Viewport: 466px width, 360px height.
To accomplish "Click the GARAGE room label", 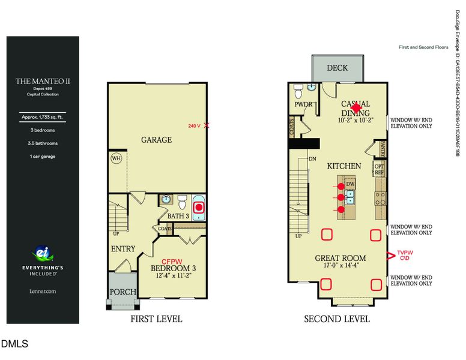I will coord(156,140).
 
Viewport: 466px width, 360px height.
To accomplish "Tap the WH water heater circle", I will coord(116,159).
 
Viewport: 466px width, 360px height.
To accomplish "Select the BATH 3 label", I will coord(178,215).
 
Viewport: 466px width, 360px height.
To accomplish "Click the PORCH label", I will coord(122,292).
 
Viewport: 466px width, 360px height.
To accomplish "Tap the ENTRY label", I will coord(123,248).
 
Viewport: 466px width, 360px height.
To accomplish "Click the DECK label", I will coord(337,68).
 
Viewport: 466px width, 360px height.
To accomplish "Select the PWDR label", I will coord(303,103).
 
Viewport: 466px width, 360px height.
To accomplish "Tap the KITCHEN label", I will coord(343,166).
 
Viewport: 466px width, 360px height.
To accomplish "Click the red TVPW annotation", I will coord(405,253).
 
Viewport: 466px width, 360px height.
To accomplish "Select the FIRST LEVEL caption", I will coord(156,319).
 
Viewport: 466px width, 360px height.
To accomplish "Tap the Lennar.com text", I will coord(42,291).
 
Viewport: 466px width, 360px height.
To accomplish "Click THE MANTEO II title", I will coord(43,80).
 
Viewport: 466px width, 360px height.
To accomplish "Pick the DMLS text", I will coord(14,344).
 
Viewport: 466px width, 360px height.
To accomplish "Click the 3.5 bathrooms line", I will coord(43,143).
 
